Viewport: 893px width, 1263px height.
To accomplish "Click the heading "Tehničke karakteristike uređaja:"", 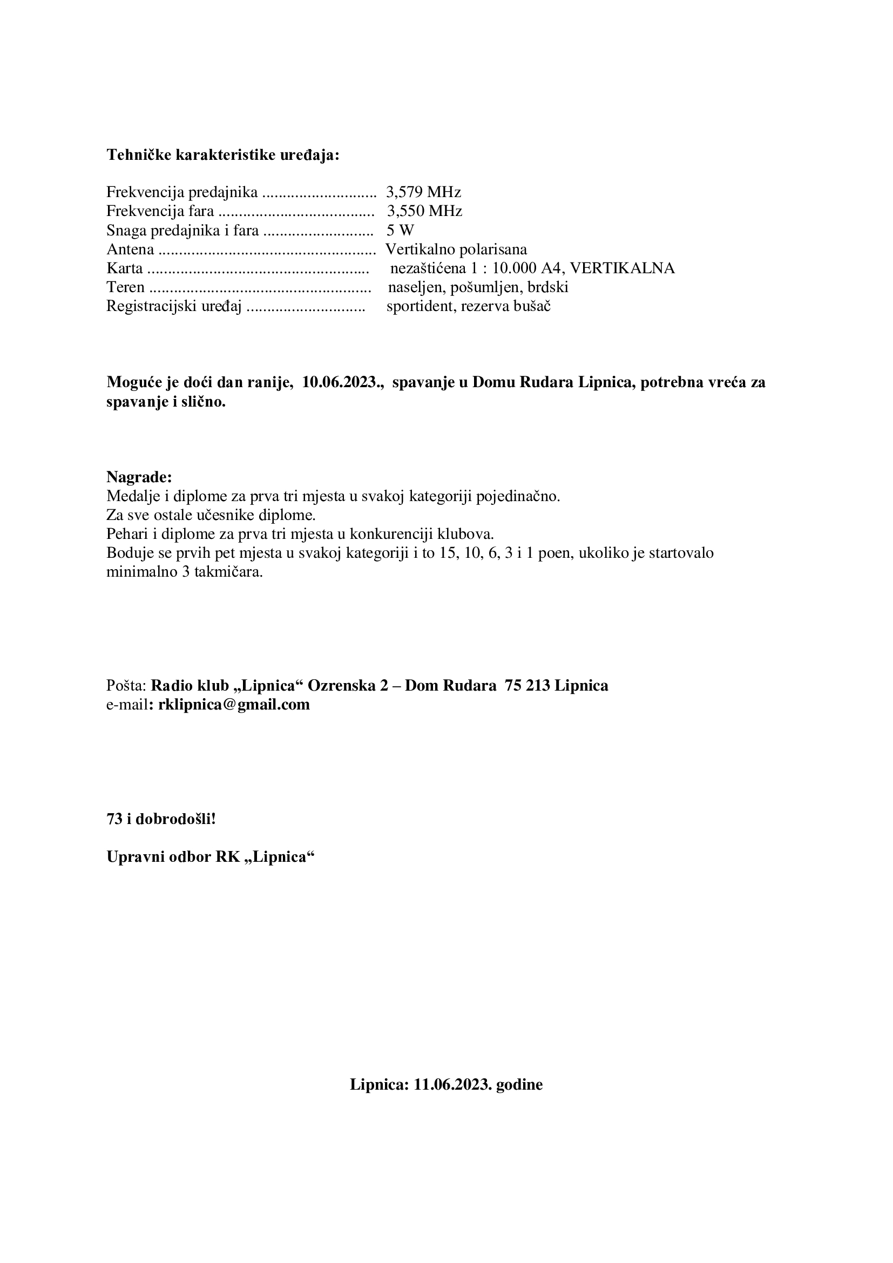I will [222, 155].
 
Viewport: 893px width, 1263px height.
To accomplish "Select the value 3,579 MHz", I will [423, 192].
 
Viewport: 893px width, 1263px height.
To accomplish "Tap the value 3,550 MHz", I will [424, 211].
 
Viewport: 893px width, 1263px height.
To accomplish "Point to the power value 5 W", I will [400, 230].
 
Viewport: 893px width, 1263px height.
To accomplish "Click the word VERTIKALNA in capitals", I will [621, 268].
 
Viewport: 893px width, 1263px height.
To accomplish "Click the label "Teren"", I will [125, 287].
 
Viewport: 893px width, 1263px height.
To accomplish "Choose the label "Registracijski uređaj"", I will [174, 306].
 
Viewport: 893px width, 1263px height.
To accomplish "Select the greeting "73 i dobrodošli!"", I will [161, 819].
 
